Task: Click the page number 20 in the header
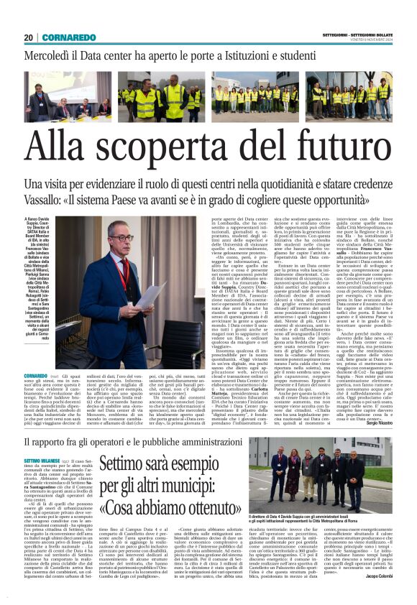pos(29,37)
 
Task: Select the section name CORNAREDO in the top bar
pos(71,37)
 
